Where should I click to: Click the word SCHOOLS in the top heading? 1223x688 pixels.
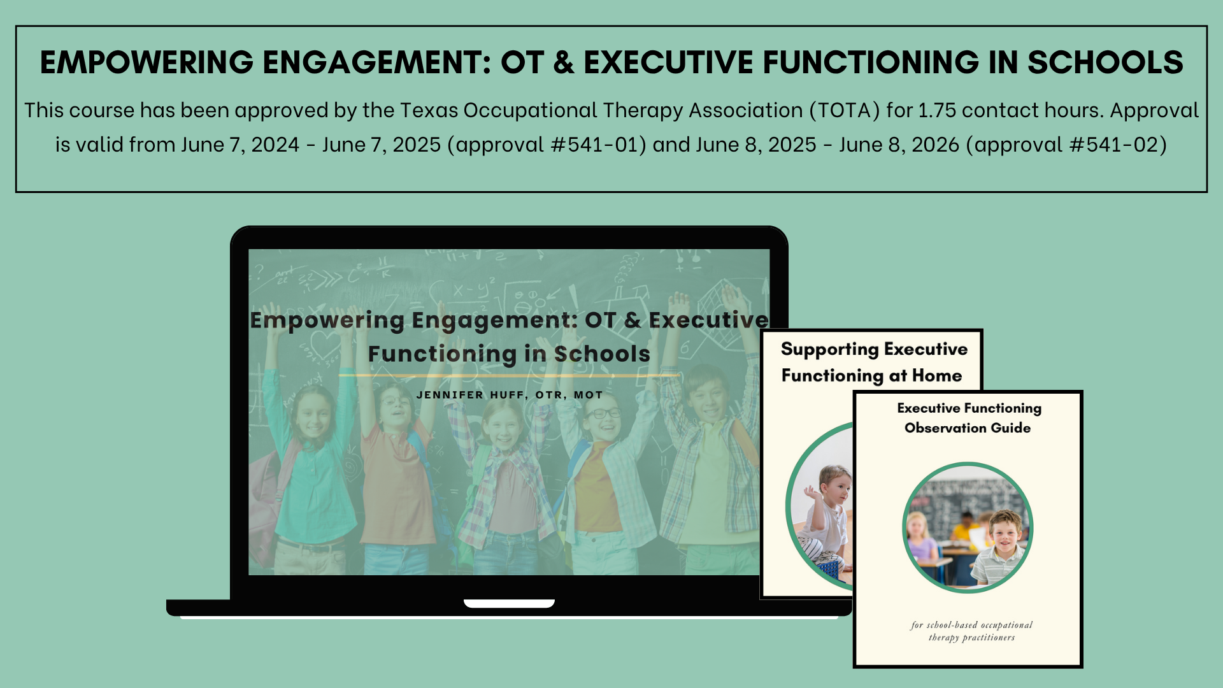tap(1105, 62)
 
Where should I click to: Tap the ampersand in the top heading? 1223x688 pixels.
tap(564, 62)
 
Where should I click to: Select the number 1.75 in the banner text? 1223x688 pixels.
tap(938, 111)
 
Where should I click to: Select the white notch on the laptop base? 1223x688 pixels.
tap(509, 603)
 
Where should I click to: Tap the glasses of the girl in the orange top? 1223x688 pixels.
tap(603, 413)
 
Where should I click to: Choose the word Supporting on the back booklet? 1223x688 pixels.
tap(829, 350)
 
